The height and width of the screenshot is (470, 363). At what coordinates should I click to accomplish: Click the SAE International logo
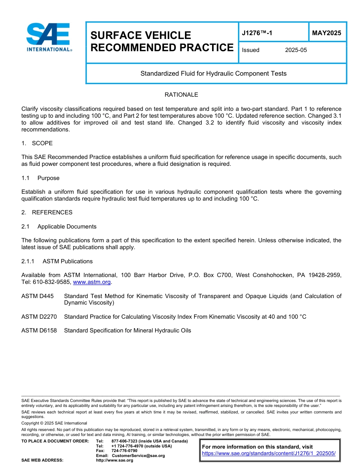point(49,37)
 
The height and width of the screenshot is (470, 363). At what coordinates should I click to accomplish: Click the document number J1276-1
point(257,33)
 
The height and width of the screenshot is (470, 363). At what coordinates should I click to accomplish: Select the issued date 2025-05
point(296,50)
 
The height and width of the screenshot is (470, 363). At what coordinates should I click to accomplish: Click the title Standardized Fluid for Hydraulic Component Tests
point(213,73)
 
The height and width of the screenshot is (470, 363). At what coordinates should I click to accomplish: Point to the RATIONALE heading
point(181,95)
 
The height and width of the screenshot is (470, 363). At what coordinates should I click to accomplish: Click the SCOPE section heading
point(42,143)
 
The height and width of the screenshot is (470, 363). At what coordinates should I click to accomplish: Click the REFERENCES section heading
point(52,212)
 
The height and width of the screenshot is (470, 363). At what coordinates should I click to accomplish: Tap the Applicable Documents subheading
point(67,227)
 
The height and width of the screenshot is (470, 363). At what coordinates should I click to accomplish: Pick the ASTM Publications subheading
point(68,261)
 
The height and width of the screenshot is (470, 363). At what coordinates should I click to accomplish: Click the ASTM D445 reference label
point(37,296)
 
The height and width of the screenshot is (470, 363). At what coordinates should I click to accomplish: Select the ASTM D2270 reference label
point(39,317)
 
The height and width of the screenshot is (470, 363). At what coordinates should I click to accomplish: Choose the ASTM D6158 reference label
point(39,331)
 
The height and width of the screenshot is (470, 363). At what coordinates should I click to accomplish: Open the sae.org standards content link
point(269,453)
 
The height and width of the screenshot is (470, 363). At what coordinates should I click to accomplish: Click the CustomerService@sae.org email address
point(138,455)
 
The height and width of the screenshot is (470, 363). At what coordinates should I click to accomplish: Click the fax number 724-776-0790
point(124,451)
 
